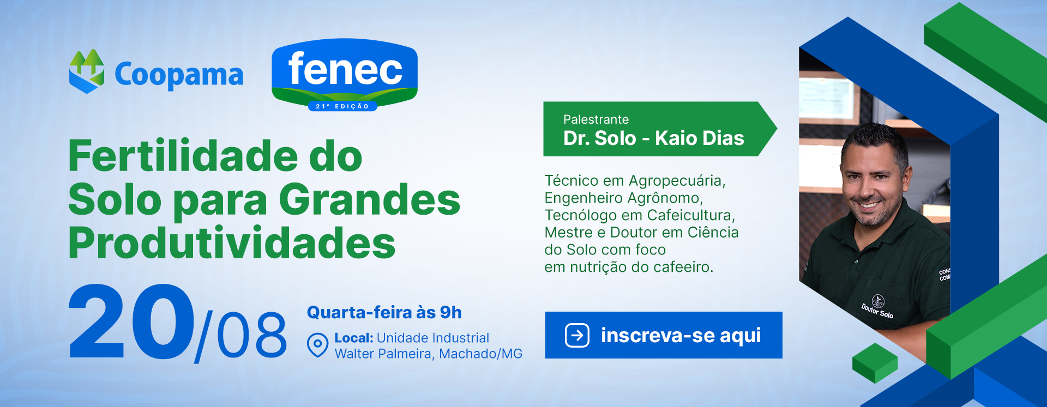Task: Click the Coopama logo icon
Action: [87, 71]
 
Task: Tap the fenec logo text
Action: [345, 69]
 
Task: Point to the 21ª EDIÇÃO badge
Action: [342, 106]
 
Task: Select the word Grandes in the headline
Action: [370, 200]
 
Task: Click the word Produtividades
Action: [232, 242]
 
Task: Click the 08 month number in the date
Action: [252, 335]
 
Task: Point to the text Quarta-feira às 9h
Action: [384, 312]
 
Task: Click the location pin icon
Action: [317, 345]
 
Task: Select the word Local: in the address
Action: [354, 338]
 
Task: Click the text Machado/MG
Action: [480, 354]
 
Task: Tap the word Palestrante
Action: [596, 119]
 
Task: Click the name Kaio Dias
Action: [700, 138]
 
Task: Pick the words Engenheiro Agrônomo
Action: [624, 198]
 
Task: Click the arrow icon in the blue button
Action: [577, 335]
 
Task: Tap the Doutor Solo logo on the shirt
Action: [877, 307]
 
